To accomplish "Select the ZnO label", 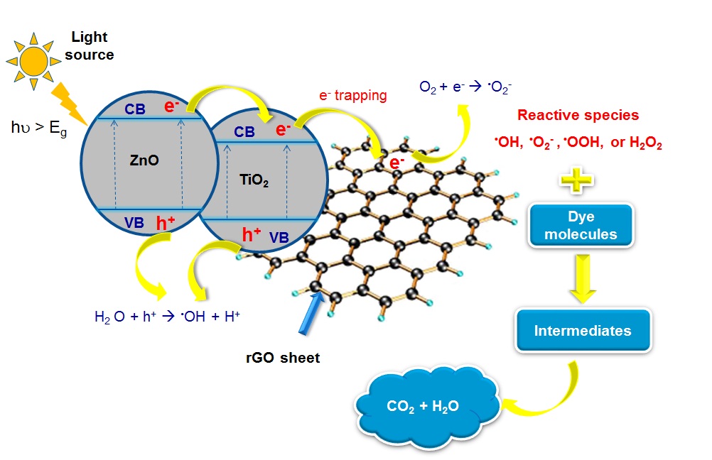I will point(144,161).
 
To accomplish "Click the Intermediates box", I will point(583,330).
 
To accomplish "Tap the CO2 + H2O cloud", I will point(423,407).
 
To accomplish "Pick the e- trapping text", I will point(353,94).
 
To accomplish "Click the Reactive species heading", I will point(578,115).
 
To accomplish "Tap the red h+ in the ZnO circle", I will point(166,223).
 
